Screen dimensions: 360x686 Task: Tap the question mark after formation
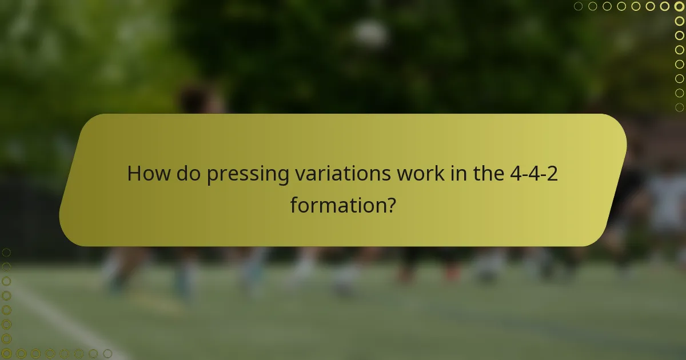[390, 204]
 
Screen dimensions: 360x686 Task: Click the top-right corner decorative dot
[679, 6]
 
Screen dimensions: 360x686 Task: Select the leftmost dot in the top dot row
[579, 6]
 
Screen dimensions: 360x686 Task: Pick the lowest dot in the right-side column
[679, 107]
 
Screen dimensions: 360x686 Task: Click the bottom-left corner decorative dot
[6, 354]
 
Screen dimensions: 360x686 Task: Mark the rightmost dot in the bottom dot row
[107, 354]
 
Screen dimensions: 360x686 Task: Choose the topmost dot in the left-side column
[6, 252]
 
